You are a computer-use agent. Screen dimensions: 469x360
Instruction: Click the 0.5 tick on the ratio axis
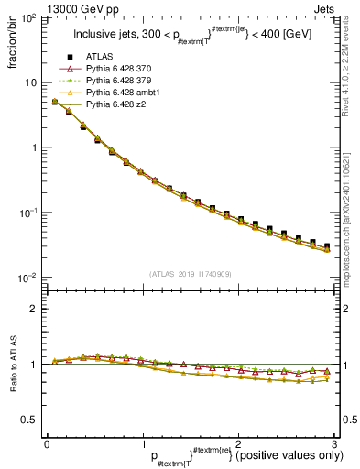pos(30,420)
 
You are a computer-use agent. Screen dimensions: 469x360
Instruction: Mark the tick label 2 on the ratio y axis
pos(35,309)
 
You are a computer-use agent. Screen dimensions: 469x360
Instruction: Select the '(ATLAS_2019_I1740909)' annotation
pos(190,274)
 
